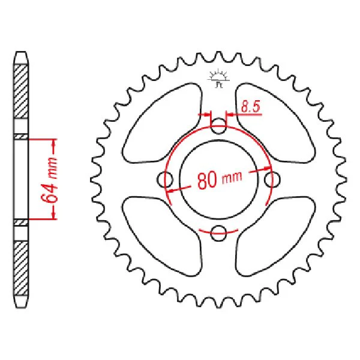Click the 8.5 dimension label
click(251, 107)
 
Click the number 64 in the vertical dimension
click(49, 194)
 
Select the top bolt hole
click(218, 126)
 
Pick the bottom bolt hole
click(218, 233)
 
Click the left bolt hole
click(164, 179)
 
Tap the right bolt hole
click(272, 179)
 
